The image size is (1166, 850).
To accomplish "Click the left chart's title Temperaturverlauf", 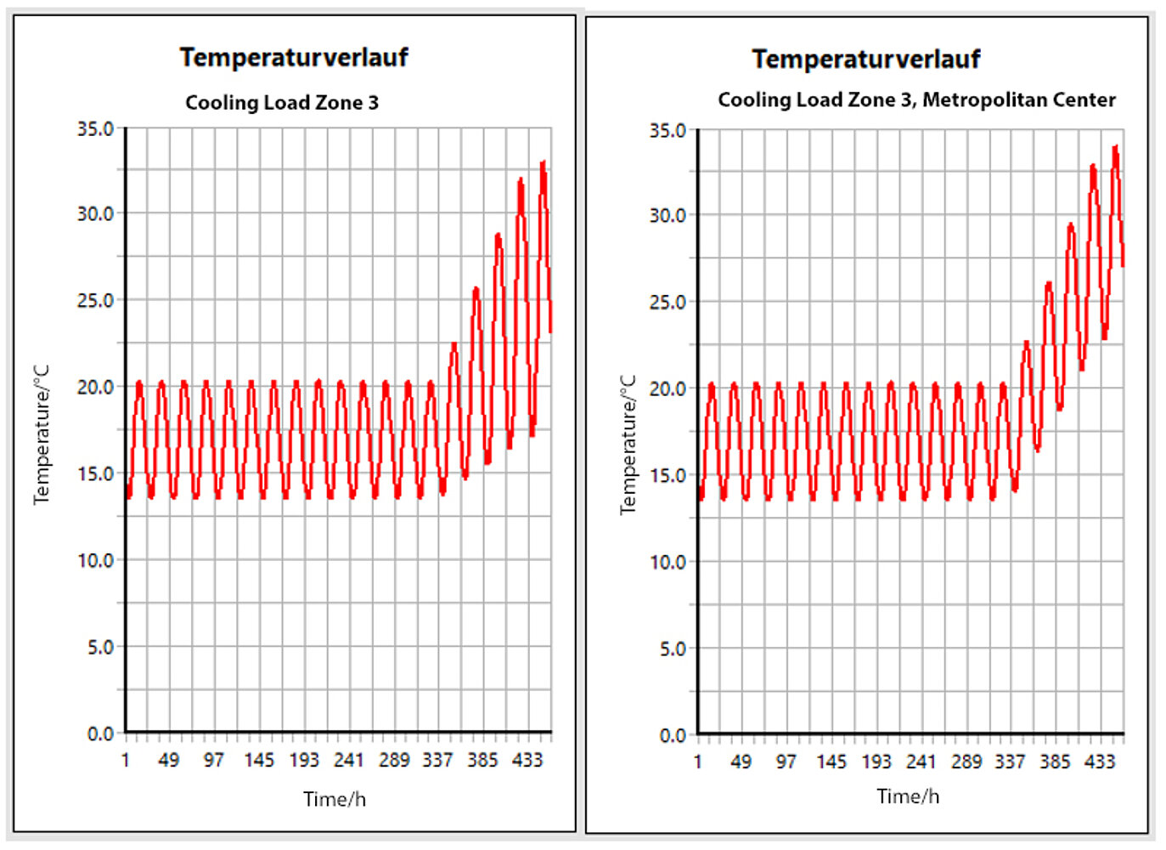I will tap(294, 57).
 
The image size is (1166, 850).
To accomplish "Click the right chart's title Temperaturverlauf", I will tap(865, 59).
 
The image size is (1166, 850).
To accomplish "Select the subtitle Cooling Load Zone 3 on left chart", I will tap(282, 103).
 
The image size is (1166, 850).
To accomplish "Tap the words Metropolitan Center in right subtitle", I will tap(1018, 100).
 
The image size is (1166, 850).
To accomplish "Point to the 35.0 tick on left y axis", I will tap(95, 128).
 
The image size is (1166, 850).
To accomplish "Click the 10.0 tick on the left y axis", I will tap(95, 560).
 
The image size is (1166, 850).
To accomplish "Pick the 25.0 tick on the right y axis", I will tap(667, 302).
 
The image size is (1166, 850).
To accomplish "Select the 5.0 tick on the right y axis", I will tap(672, 649).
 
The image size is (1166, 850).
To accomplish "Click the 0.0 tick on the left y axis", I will tap(99, 734).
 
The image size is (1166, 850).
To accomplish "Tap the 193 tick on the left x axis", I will tap(304, 760).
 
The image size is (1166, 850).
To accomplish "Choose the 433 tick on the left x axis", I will tap(527, 760).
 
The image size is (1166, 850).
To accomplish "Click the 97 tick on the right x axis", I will tap(786, 762).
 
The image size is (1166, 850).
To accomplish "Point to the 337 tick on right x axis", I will tap(1010, 762).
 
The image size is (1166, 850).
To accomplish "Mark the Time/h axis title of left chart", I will tap(335, 799).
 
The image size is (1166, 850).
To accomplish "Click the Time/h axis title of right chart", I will tap(908, 796).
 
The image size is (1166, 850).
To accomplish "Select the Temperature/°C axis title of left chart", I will tap(42, 434).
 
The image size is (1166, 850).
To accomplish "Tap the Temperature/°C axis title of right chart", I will tap(628, 445).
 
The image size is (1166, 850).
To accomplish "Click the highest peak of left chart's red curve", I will tap(543, 161).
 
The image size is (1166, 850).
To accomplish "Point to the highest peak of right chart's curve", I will tap(1115, 147).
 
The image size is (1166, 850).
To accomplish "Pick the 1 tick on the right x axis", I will tap(698, 762).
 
